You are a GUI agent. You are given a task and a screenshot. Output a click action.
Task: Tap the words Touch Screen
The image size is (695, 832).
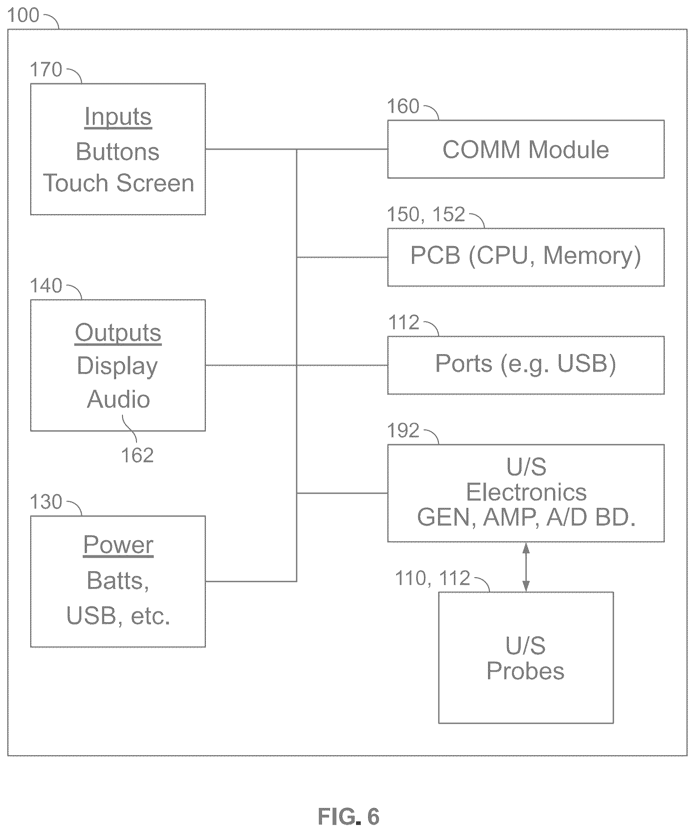[x=119, y=183]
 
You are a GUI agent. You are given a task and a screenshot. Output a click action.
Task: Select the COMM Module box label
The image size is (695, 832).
[x=525, y=150]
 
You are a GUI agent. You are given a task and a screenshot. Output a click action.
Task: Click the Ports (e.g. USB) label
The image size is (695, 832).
[x=525, y=364]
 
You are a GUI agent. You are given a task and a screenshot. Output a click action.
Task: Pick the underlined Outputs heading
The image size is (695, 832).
[x=118, y=333]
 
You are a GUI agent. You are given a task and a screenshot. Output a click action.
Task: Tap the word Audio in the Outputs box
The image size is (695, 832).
[x=119, y=399]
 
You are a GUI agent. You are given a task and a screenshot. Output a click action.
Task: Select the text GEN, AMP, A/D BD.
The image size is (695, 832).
[x=526, y=517]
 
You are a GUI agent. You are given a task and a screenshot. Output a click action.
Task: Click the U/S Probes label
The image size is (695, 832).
[x=525, y=659]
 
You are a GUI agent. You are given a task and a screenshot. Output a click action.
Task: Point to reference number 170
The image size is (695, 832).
[x=46, y=70]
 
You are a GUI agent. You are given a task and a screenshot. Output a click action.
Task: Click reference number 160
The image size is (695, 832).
[x=403, y=107]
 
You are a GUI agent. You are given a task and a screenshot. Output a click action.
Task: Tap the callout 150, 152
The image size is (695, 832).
[x=426, y=214]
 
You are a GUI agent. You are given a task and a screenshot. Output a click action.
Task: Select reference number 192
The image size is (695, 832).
[x=403, y=431]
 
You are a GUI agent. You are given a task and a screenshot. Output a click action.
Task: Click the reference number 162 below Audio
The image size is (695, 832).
[x=137, y=456]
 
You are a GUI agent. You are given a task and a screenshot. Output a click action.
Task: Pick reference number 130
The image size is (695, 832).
[x=46, y=502]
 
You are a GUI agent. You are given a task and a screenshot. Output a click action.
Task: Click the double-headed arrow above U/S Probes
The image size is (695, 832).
[x=526, y=567]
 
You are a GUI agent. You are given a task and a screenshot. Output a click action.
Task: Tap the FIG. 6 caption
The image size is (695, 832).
[x=349, y=817]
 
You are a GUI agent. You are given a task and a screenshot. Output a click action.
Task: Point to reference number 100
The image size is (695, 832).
[x=23, y=15]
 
